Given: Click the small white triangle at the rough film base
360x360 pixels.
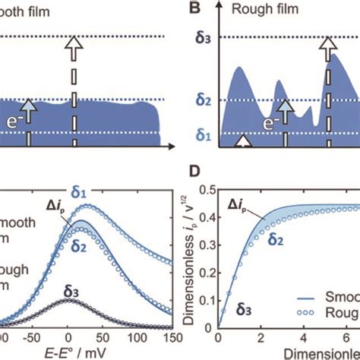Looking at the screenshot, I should click(242, 141).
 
